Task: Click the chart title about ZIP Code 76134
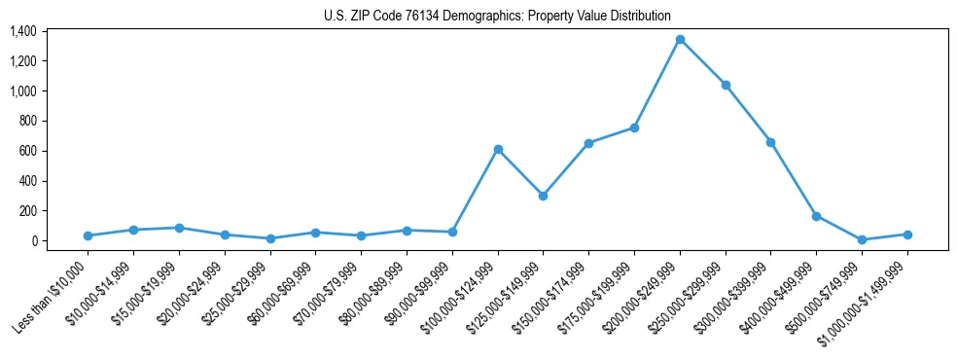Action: click(497, 16)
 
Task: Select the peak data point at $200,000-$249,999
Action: click(680, 40)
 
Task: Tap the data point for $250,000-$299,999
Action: click(726, 85)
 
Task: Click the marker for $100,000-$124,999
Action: click(498, 149)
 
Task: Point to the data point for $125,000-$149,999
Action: click(543, 196)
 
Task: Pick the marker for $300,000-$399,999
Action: click(770, 142)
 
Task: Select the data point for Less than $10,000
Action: click(89, 235)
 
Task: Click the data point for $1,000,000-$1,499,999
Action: click(907, 234)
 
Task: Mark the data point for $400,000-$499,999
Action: click(816, 216)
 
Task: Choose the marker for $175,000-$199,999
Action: click(634, 127)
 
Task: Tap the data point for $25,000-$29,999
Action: click(270, 238)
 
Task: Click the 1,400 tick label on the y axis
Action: click(22, 31)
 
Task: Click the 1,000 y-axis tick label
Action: click(22, 91)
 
